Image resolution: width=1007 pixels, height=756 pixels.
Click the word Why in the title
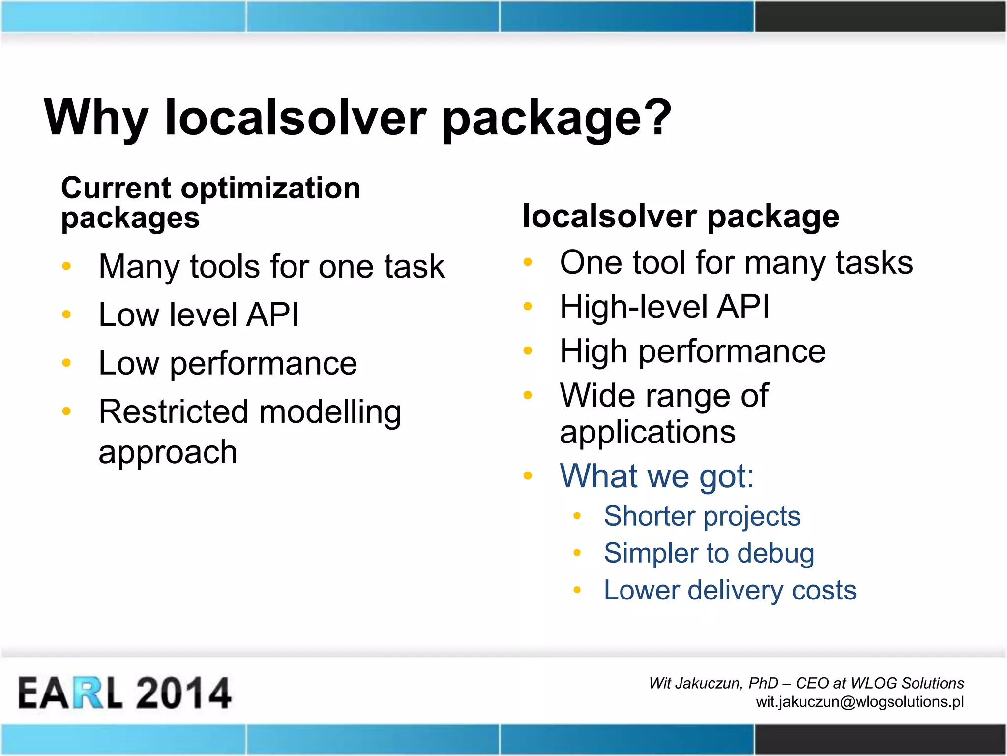pyautogui.click(x=96, y=118)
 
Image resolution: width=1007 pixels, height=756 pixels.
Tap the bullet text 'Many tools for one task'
pyautogui.click(x=271, y=267)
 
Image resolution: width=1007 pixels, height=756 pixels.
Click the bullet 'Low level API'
pyautogui.click(x=199, y=315)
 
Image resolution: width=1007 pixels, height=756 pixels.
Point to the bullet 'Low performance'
pyautogui.click(x=228, y=364)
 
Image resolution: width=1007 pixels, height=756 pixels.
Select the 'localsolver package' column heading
pyautogui.click(x=681, y=217)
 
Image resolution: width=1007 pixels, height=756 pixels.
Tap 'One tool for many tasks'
pyautogui.click(x=736, y=262)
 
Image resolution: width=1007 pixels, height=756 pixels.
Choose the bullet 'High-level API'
pyautogui.click(x=664, y=307)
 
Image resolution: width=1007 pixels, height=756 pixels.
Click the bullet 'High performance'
pyautogui.click(x=692, y=351)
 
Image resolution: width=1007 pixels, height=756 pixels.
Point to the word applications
pyautogui.click(x=647, y=433)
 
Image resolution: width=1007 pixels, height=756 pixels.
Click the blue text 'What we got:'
pyautogui.click(x=656, y=476)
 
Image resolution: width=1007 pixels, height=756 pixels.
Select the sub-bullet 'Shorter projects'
pyautogui.click(x=702, y=516)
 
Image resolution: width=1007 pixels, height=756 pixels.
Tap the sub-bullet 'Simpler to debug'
pyautogui.click(x=709, y=553)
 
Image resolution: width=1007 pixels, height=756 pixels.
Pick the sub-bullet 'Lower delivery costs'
pyautogui.click(x=730, y=590)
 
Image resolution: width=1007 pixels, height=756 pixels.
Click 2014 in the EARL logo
pyautogui.click(x=183, y=693)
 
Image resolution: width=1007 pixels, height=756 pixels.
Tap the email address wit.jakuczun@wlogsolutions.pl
pyautogui.click(x=859, y=701)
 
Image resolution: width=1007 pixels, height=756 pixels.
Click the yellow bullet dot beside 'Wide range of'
pyautogui.click(x=528, y=395)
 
